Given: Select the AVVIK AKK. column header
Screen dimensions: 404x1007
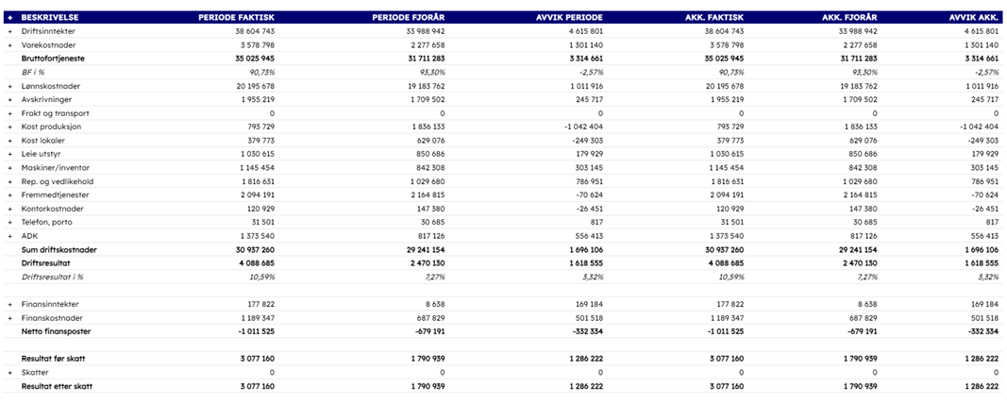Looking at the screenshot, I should pyautogui.click(x=974, y=17).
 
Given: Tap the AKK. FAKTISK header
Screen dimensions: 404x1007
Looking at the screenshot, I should pyautogui.click(x=714, y=17).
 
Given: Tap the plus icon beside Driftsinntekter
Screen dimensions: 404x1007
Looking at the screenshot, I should pyautogui.click(x=10, y=31).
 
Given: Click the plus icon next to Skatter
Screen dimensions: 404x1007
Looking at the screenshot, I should pyautogui.click(x=10, y=373).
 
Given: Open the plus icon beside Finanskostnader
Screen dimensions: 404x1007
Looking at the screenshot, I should pyautogui.click(x=10, y=318).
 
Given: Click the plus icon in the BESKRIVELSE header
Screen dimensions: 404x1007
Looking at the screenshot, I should pyautogui.click(x=10, y=17).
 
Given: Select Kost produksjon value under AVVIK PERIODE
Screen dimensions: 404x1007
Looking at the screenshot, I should pyautogui.click(x=581, y=126).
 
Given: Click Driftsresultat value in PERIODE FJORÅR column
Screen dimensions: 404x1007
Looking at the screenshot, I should pyautogui.click(x=425, y=263).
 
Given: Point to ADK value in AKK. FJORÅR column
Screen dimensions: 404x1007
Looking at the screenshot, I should pyautogui.click(x=860, y=236).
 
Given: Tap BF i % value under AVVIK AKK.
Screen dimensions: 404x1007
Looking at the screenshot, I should pyautogui.click(x=986, y=72).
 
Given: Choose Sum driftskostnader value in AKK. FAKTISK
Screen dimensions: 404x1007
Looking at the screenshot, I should pyautogui.click(x=723, y=250).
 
